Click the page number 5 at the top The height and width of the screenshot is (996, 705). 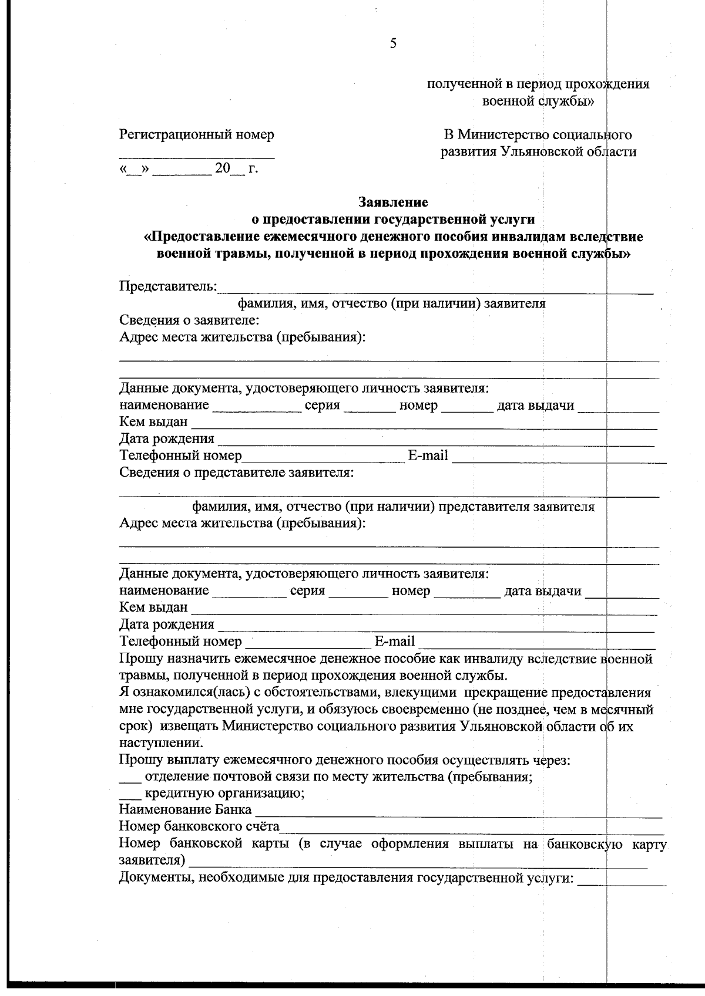393,43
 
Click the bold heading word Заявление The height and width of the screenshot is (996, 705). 393,202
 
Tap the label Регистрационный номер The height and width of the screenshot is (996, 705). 197,134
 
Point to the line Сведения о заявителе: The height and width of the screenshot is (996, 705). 189,320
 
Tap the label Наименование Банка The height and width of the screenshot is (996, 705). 185,810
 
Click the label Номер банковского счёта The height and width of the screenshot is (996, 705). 199,826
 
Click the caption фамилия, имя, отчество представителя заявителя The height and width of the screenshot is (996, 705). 394,507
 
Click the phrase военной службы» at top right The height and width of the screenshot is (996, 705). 538,101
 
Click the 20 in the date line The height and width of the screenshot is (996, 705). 223,168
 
